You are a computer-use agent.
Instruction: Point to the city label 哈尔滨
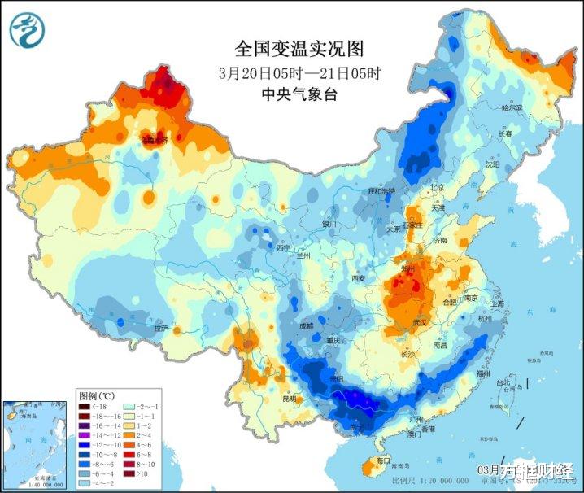click(511, 107)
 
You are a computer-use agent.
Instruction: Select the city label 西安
click(359, 278)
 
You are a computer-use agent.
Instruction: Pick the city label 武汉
click(420, 323)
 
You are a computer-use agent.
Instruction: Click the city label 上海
click(497, 303)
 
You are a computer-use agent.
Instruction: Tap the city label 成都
click(303, 326)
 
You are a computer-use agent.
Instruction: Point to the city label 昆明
click(290, 399)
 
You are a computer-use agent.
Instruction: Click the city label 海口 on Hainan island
click(383, 461)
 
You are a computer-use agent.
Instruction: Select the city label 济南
click(440, 241)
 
